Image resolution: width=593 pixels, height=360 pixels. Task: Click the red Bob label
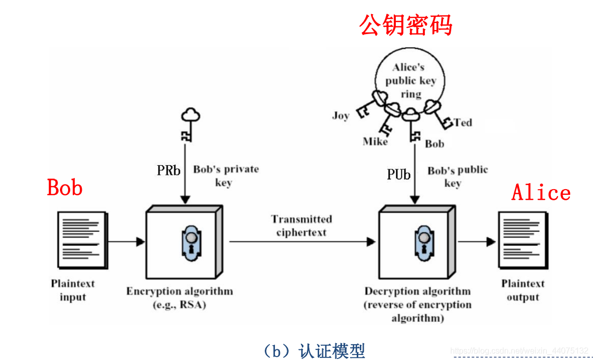click(65, 187)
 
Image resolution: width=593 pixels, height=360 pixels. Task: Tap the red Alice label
click(541, 192)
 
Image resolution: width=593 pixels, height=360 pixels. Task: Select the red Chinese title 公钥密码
click(406, 24)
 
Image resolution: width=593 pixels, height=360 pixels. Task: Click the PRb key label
click(169, 170)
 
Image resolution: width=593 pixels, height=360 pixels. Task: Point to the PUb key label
click(398, 175)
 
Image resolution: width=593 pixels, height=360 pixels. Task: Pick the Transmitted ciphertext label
click(301, 226)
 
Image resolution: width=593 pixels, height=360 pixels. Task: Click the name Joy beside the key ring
click(340, 115)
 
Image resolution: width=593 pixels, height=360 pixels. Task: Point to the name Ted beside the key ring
click(463, 123)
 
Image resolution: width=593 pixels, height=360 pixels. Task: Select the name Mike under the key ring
click(375, 141)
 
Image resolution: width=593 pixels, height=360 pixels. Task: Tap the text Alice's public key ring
click(411, 81)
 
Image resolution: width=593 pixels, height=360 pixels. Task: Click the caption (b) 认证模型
click(314, 350)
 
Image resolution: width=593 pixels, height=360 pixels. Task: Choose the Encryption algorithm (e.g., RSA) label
click(179, 298)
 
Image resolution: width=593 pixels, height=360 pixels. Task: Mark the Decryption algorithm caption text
click(417, 305)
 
